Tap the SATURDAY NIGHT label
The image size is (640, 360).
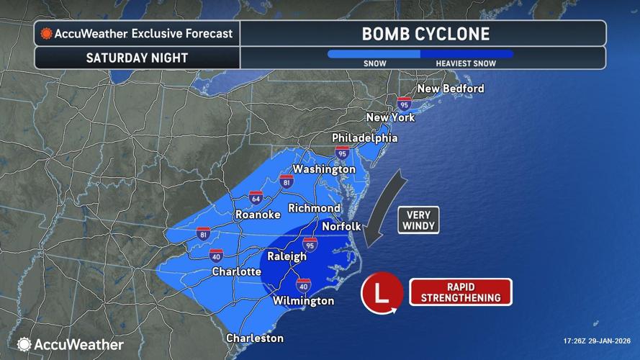(136, 58)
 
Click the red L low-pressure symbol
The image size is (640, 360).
(382, 294)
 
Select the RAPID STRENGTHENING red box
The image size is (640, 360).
(460, 292)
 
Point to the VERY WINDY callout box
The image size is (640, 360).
(418, 219)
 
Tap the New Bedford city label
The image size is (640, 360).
(451, 89)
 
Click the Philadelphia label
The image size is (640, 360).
(364, 138)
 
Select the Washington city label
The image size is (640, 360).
(324, 169)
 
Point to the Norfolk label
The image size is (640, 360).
(341, 226)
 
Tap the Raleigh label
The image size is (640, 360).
(287, 256)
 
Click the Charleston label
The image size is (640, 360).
(254, 338)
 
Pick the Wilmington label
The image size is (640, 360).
(303, 300)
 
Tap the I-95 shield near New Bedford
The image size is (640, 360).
(405, 104)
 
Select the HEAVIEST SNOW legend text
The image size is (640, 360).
(465, 63)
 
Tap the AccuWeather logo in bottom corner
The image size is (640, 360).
(71, 344)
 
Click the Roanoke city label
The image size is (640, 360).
(257, 215)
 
